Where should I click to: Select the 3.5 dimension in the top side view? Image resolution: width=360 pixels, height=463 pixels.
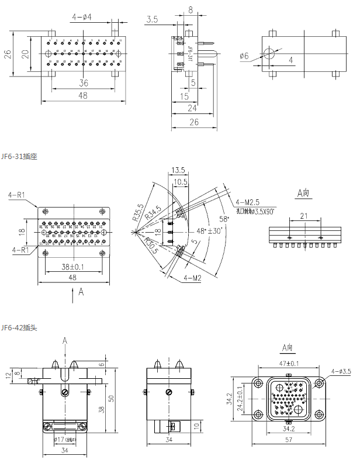pos(153,19)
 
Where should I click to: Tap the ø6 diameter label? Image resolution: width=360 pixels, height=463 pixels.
pos(244,56)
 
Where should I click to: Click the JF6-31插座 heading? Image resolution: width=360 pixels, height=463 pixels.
pos(19,157)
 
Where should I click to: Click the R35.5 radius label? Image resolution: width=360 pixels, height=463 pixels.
pos(138,212)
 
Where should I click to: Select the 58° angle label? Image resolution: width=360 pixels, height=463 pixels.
pos(223,218)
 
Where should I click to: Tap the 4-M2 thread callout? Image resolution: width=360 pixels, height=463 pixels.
pos(192,277)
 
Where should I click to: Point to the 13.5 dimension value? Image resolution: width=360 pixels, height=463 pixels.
pos(178,170)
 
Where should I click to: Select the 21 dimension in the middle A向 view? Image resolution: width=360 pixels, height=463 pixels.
pos(304,216)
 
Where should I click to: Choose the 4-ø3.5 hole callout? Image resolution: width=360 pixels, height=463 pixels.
pos(341,371)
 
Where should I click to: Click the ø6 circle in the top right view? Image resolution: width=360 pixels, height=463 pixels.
pos(268,54)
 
